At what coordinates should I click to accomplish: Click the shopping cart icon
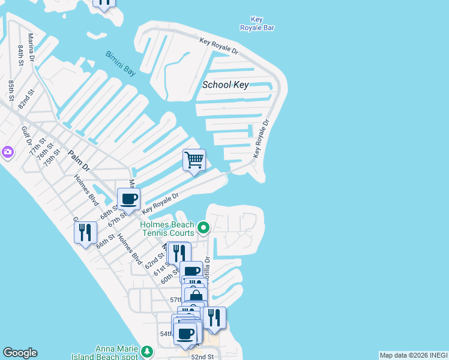point(194,160)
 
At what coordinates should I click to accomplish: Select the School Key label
point(225,85)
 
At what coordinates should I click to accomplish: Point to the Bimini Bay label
point(121,63)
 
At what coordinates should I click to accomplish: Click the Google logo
point(20,353)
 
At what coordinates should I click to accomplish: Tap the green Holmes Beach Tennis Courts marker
point(203,227)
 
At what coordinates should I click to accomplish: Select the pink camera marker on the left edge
point(7,152)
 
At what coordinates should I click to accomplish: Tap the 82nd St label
point(23,98)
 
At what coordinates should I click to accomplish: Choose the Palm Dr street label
point(78,160)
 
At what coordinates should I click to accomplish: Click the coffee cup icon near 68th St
point(128,199)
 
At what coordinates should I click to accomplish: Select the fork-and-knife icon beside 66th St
point(85,232)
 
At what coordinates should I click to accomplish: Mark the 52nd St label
point(202,356)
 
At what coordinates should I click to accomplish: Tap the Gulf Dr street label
point(26,136)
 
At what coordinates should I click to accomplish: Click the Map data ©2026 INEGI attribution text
point(414,355)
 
